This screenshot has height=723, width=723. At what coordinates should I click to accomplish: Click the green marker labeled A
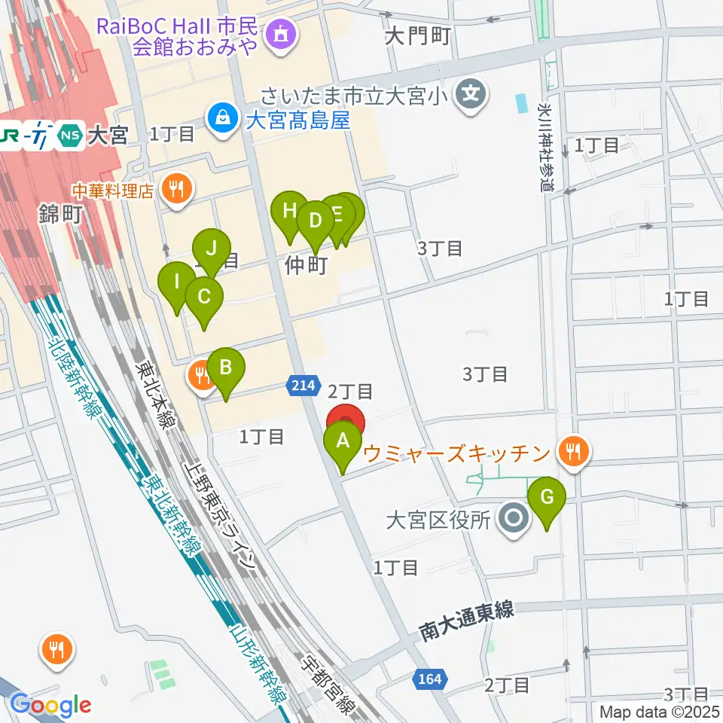(343, 442)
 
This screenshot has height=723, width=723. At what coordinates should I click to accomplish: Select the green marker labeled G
(547, 498)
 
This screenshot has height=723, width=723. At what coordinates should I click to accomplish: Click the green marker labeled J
(212, 249)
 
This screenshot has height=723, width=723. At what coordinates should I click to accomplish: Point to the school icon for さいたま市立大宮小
(471, 95)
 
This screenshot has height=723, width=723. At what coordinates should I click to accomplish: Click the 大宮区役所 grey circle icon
(515, 519)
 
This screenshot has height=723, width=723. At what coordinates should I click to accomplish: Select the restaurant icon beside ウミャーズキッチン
(574, 452)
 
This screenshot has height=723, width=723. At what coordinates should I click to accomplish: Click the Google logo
(50, 705)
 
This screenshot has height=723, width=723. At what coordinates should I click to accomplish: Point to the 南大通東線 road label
(467, 621)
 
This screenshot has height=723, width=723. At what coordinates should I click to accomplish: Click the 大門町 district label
(416, 36)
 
